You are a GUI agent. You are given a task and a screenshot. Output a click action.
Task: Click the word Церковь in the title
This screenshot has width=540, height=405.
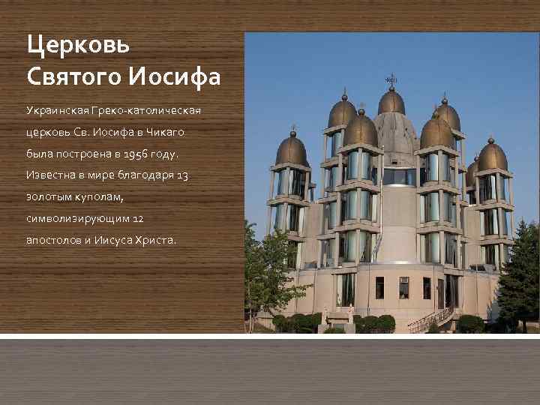click(79, 45)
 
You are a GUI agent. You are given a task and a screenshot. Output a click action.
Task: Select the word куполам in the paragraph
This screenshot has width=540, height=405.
click(92, 197)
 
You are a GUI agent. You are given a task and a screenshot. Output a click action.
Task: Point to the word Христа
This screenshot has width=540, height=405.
click(154, 241)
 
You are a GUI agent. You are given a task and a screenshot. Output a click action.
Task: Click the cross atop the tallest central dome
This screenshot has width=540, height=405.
click(391, 79)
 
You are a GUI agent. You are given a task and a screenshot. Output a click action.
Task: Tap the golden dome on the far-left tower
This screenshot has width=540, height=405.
click(292, 151)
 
